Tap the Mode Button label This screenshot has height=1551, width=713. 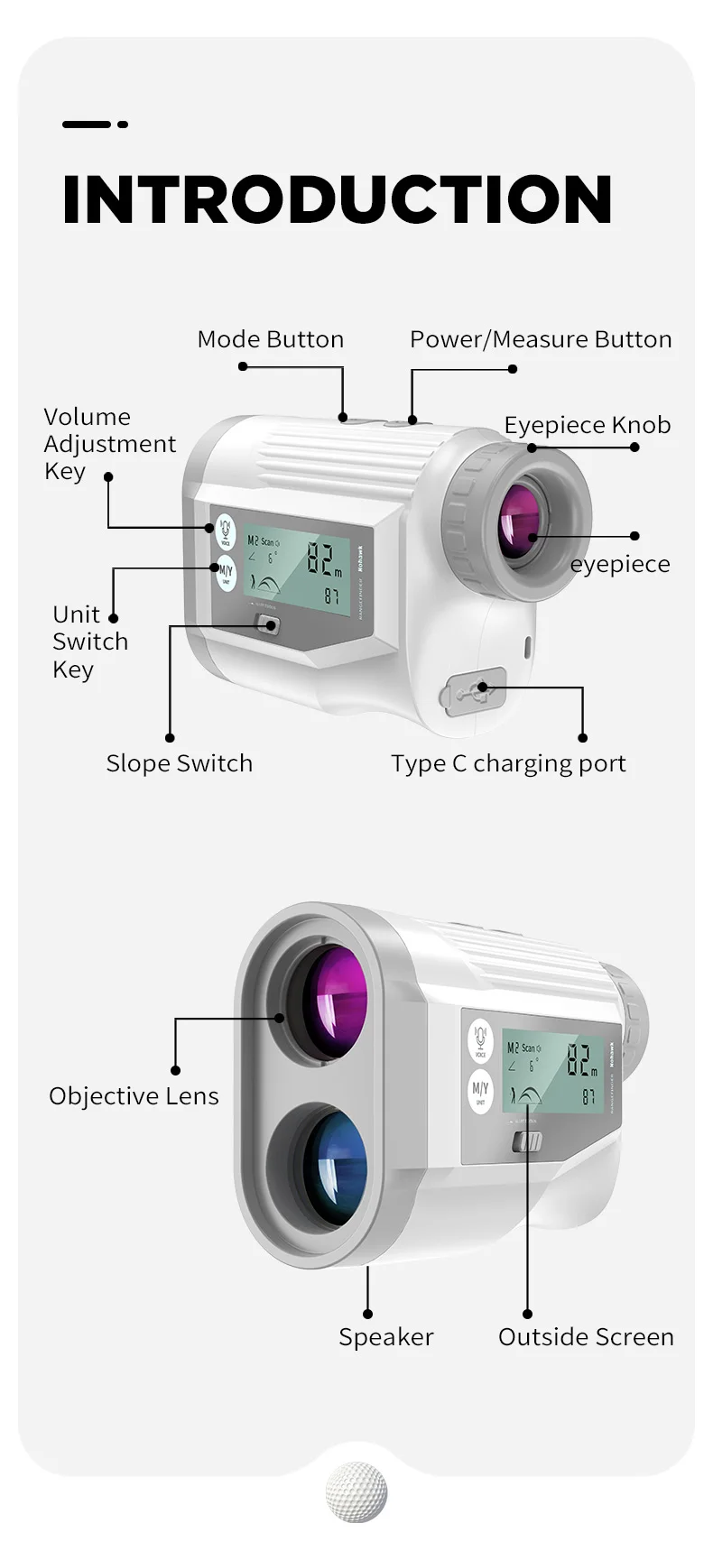tap(270, 339)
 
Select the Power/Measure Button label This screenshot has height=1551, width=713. tap(541, 339)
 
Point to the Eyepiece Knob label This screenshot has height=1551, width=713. tap(587, 425)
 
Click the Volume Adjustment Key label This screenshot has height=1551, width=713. tap(109, 444)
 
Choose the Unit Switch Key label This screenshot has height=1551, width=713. tap(90, 642)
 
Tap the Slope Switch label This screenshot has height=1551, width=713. tap(179, 763)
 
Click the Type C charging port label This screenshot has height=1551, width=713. tap(508, 763)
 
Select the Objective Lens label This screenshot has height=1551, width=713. tap(134, 1096)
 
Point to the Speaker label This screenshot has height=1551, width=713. tap(385, 1337)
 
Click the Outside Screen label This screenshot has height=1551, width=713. tap(586, 1337)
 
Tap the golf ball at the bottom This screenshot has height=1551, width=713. tap(356, 1491)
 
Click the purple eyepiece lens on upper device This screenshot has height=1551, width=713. tap(520, 522)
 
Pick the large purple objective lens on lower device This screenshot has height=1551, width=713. tap(335, 1000)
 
